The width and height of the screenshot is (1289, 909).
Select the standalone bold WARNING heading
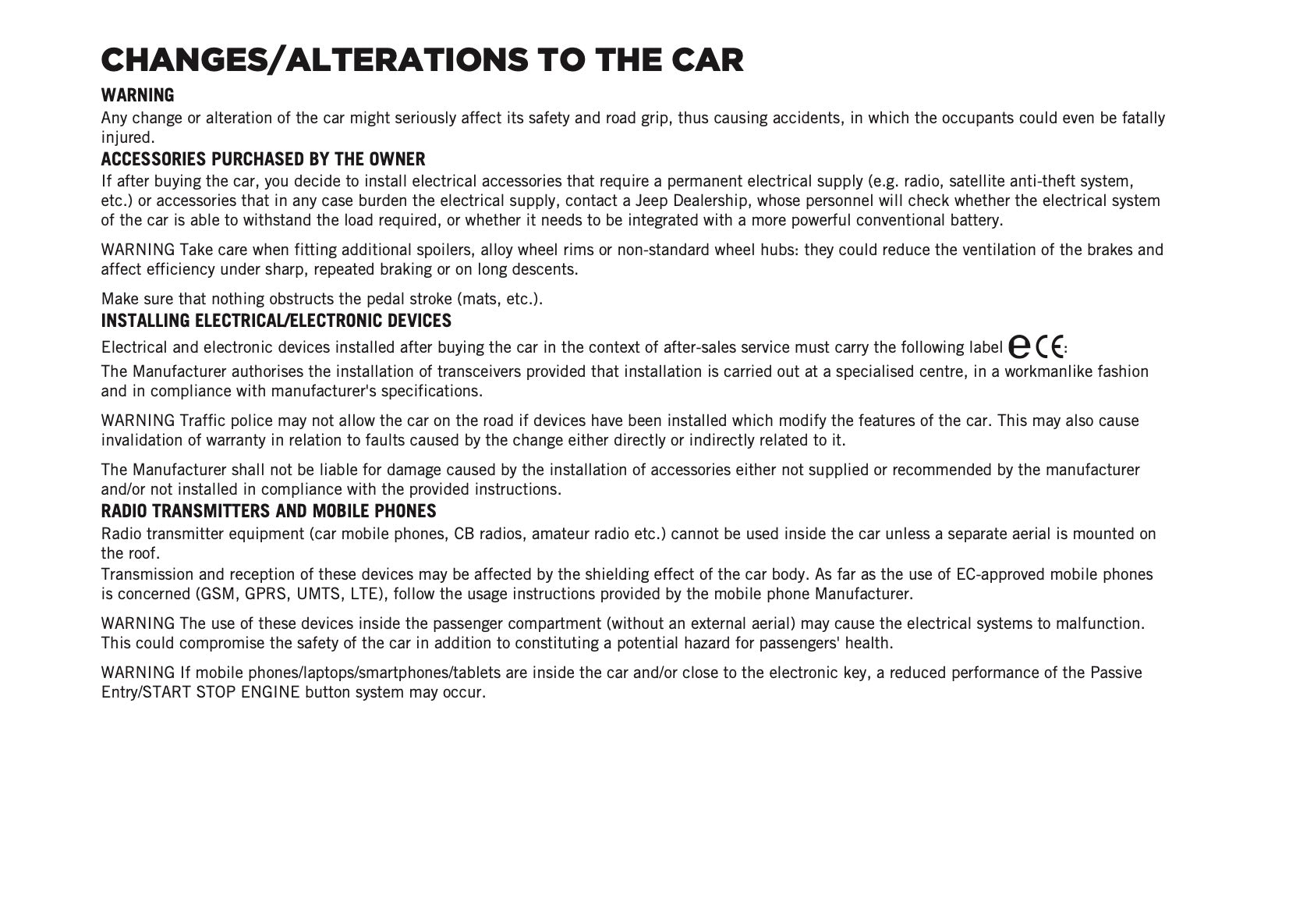point(137,95)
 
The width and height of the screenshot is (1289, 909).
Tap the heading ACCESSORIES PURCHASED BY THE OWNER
point(263,159)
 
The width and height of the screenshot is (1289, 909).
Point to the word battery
point(975,220)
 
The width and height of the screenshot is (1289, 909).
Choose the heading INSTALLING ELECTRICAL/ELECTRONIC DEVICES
point(276,321)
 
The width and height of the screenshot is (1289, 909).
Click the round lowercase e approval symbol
point(1019,346)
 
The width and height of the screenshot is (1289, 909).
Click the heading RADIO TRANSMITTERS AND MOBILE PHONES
point(268,511)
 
